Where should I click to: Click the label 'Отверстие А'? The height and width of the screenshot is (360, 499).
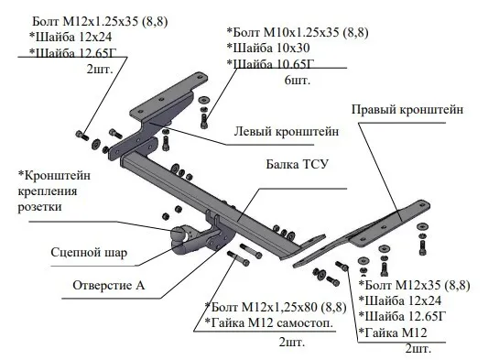[x=108, y=286]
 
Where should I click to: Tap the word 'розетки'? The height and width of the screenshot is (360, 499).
[x=39, y=207]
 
